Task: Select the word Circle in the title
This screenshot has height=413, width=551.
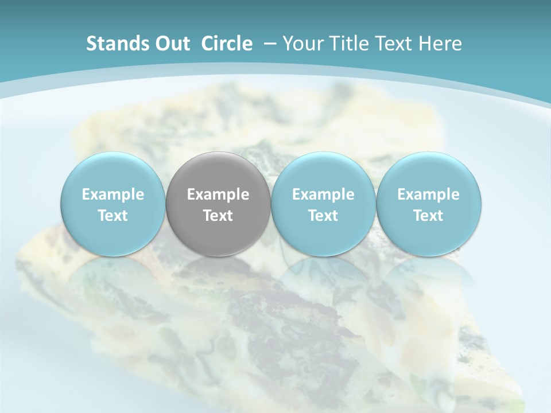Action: click(x=227, y=44)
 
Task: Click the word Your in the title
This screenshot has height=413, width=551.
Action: click(x=302, y=44)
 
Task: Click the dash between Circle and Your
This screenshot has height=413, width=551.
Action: click(x=269, y=44)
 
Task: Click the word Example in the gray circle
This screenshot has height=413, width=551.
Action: click(x=218, y=195)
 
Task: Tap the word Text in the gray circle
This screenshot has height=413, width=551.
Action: click(x=218, y=216)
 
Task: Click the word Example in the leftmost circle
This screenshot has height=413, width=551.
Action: click(x=113, y=195)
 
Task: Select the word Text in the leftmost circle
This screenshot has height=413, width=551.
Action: click(x=113, y=216)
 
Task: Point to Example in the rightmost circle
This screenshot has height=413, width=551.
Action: click(x=429, y=195)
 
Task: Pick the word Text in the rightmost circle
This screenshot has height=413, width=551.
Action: click(x=429, y=216)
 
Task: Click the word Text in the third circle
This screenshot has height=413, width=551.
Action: click(x=323, y=216)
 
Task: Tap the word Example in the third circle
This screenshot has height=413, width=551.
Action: click(x=323, y=195)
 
